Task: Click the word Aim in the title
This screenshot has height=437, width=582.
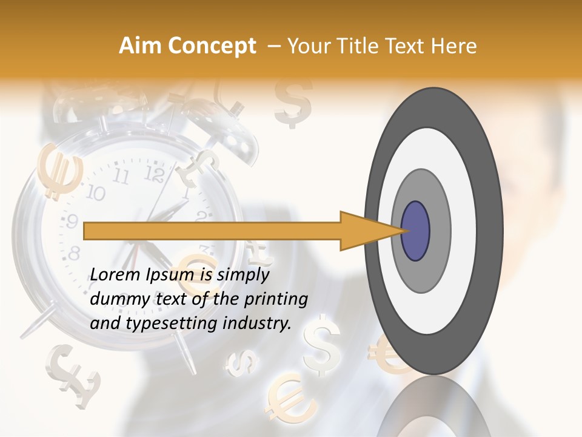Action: tap(139, 46)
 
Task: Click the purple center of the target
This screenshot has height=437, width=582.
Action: tap(415, 231)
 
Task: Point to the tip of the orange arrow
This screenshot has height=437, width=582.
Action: tap(405, 231)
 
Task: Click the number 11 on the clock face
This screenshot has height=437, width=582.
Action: tap(121, 177)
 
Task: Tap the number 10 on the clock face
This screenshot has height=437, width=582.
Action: tap(95, 194)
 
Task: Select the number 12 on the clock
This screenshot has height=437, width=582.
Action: tap(155, 175)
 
